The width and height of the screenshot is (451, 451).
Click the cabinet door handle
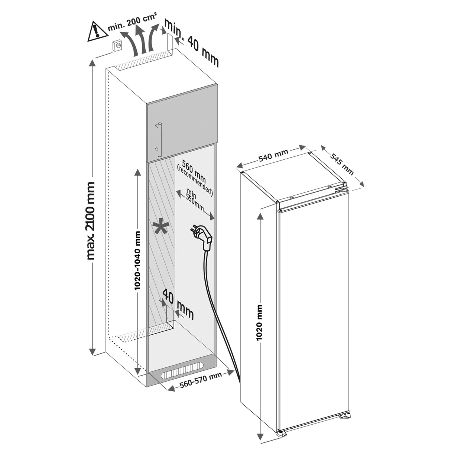[x=159, y=139]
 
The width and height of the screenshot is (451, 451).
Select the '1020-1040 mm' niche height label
[x=138, y=260]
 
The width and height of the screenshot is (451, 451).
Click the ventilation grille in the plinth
[x=184, y=372]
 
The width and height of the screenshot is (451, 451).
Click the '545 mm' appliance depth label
[x=341, y=163]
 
